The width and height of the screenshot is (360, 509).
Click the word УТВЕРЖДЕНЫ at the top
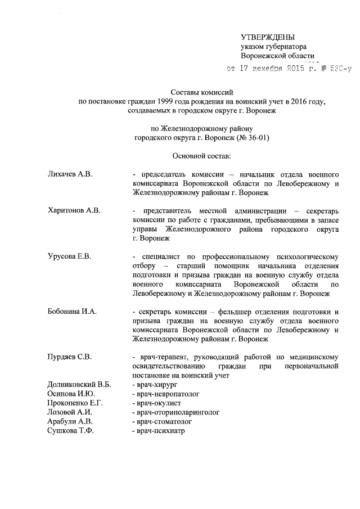267,37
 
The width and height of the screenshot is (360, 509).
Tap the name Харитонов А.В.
74,210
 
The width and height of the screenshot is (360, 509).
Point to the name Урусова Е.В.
69,256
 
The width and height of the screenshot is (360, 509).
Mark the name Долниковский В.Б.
79,384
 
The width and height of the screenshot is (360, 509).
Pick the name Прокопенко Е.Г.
76,403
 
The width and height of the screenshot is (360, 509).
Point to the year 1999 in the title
168,101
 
